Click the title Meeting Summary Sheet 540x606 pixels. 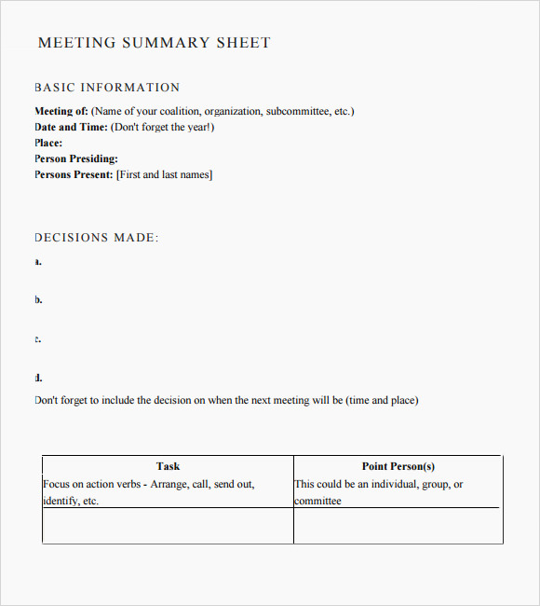tap(154, 43)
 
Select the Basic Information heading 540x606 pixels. tap(107, 88)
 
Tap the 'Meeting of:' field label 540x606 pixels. tap(61, 112)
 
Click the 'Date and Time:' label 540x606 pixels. tap(72, 128)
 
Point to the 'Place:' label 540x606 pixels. tap(48, 144)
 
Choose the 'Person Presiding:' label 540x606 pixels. tap(76, 159)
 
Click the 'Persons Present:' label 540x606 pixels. tap(74, 175)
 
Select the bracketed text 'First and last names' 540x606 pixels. tap(164, 175)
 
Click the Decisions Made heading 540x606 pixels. tap(97, 238)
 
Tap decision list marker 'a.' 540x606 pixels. tap(38, 262)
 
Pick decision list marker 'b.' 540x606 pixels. tap(38, 300)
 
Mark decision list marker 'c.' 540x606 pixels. tap(38, 339)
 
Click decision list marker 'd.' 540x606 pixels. tap(38, 379)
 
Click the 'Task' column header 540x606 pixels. tap(168, 466)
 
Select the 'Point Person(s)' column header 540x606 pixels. tap(398, 466)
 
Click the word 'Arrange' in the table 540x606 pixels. tap(169, 485)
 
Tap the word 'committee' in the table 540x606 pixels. tap(318, 502)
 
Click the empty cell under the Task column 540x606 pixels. tap(168, 527)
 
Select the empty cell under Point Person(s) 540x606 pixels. tap(398, 527)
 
